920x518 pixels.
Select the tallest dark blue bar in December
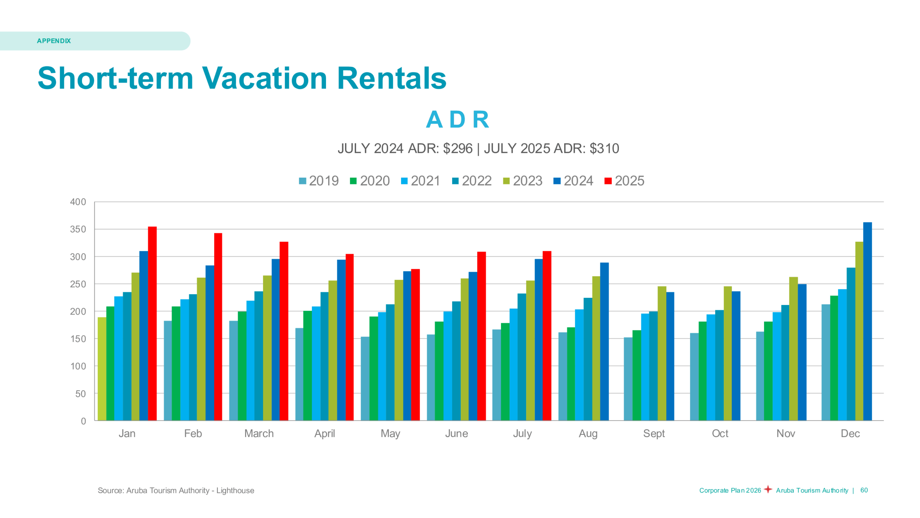[x=867, y=321]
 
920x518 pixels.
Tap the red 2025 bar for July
[x=547, y=335]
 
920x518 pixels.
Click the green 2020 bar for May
[x=373, y=368]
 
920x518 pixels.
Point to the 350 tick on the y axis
[x=78, y=230]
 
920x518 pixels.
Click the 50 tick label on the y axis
[x=80, y=394]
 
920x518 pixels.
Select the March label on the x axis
[x=259, y=433]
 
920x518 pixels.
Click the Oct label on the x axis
[x=720, y=433]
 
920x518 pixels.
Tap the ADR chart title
[x=457, y=119]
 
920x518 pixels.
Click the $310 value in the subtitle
[x=604, y=149]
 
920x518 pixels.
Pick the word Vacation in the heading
[x=264, y=78]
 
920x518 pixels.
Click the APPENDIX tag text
[x=54, y=41]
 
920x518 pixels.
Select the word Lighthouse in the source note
[x=235, y=491]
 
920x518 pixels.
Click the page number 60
[x=864, y=490]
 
